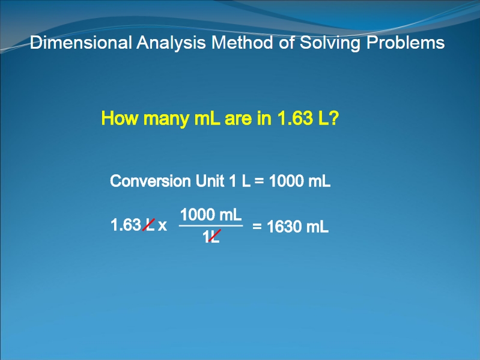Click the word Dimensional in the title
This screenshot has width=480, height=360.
tap(81, 42)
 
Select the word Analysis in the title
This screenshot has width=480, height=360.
tap(171, 43)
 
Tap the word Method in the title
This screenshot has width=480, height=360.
tap(242, 42)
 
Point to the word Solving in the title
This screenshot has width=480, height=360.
tap(330, 43)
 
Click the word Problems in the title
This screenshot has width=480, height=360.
tap(406, 42)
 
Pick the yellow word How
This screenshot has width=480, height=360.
tap(120, 118)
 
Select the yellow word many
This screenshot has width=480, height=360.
tap(166, 120)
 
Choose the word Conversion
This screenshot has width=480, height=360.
tap(150, 181)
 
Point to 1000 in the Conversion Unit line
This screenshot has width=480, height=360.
tap(287, 181)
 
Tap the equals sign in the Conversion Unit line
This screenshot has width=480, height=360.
tap(259, 181)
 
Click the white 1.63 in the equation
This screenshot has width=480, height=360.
tap(126, 225)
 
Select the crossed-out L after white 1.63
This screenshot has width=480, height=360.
tap(149, 225)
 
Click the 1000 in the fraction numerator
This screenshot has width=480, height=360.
tap(198, 215)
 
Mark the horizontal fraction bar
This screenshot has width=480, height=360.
tap(211, 226)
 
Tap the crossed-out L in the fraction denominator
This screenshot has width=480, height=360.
tap(214, 236)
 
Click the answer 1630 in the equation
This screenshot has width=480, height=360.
tap(284, 227)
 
